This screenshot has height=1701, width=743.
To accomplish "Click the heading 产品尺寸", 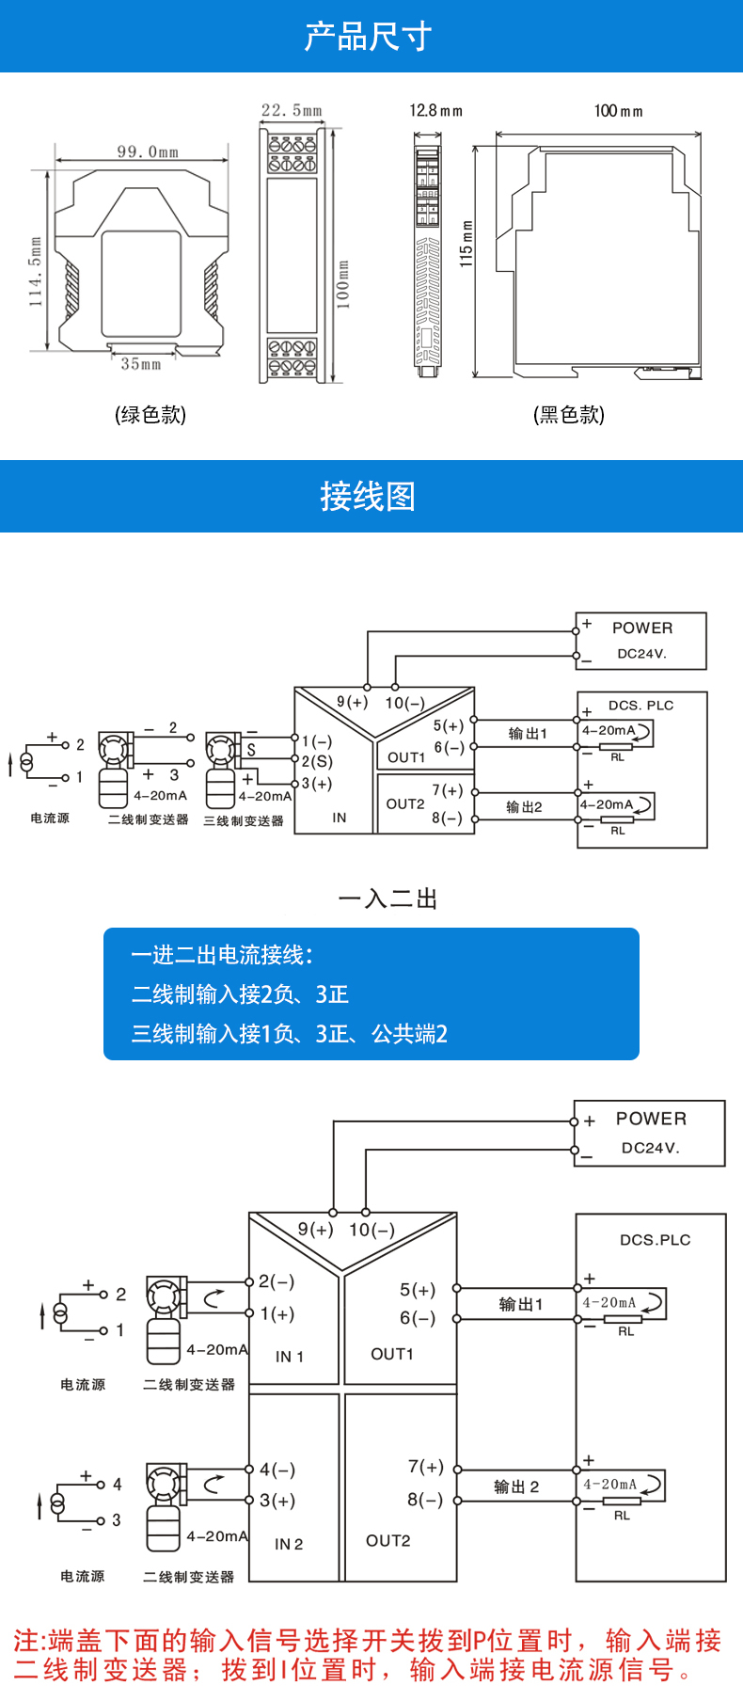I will coord(368,37).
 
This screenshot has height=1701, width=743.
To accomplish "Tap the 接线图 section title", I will coord(368,496).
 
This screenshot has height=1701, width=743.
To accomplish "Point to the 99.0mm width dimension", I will coord(148,151).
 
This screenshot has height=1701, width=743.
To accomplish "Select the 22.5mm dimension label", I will coord(292,111).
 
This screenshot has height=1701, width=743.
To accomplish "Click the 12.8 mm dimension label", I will coord(435,111).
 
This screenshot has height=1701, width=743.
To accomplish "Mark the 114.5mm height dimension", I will coord(36,272).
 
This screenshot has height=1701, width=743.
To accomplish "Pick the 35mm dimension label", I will coord(141,364).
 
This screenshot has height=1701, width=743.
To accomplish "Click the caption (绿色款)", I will coord(150,415).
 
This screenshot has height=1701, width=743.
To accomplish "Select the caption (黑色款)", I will coord(569,415).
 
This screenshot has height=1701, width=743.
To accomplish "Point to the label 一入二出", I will coord(387,899).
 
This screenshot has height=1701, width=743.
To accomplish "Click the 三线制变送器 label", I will coord(244,821).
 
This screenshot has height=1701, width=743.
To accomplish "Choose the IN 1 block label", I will coord(290,1357).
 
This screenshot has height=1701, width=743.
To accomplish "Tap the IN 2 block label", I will coord(289,1544).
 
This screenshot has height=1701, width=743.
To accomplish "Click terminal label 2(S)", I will coord(317,762).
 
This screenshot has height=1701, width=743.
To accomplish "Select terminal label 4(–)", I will coord(277,1470).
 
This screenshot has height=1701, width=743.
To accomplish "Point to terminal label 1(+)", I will coord(277,1313).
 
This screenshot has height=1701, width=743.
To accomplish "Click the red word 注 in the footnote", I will coord(26,1642).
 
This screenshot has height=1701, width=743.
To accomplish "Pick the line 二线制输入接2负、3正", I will coord(241,994).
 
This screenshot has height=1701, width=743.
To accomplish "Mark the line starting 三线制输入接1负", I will coord(290,1034).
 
